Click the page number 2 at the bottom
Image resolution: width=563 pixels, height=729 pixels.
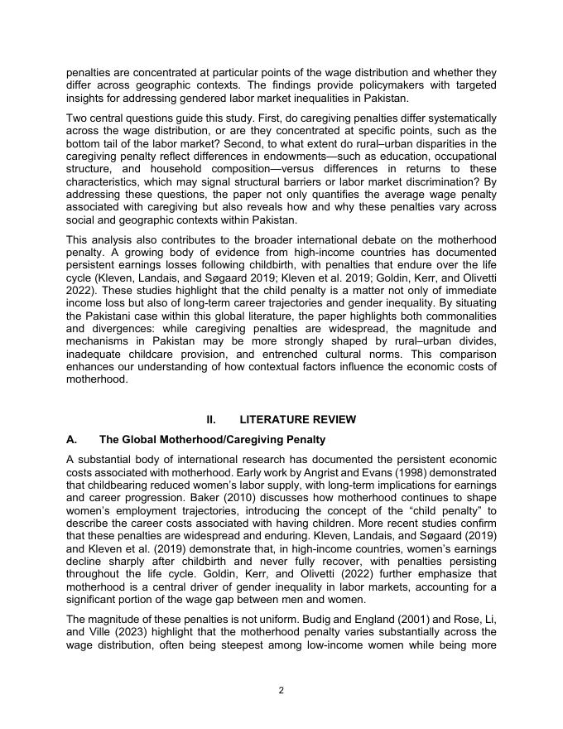pyautogui.click(x=281, y=690)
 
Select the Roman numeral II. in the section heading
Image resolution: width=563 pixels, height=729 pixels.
pyautogui.click(x=211, y=419)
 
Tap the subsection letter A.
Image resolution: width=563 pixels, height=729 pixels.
pyautogui.click(x=71, y=439)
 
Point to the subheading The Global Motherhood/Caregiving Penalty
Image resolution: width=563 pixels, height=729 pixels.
pyautogui.click(x=212, y=439)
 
